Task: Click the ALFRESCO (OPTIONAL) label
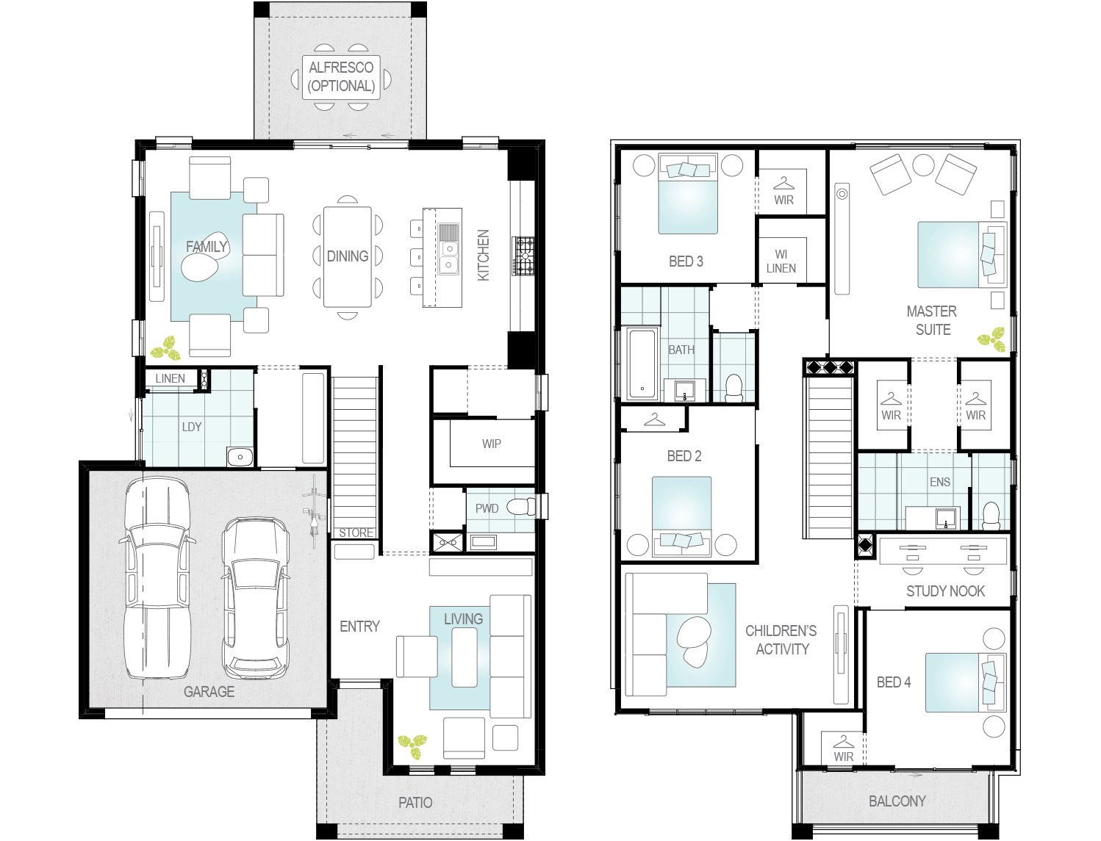point(341,76)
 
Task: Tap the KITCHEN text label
point(483,255)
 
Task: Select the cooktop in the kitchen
point(523,256)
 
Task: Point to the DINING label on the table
point(348,256)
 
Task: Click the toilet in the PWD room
point(521,507)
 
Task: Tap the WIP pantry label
point(492,444)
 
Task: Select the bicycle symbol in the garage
point(315,511)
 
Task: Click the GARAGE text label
point(209,692)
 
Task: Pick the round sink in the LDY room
point(240,457)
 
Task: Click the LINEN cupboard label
point(170,378)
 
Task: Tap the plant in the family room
point(166,348)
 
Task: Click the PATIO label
point(415,803)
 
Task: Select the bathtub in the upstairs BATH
point(642,364)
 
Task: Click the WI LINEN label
point(781,261)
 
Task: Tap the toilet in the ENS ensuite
point(991,515)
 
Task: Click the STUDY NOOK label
point(945,591)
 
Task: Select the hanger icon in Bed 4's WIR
point(843,741)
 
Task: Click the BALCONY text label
point(897,801)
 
